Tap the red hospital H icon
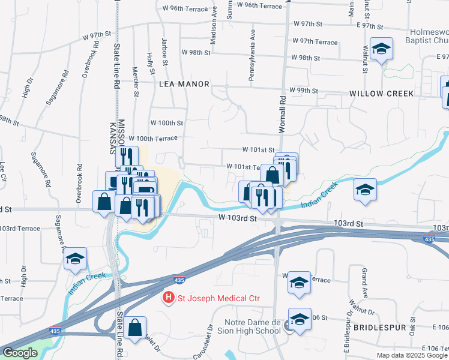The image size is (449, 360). pos(169,298)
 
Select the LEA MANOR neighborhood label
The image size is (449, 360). pos(184,85)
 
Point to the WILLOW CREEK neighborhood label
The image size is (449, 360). pos(382,94)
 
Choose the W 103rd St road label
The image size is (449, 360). pos(238,219)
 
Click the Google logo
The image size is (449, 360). pos(20,353)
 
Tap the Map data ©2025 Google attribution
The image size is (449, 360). pos(412,355)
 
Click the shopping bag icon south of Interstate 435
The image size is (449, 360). pos(135,328)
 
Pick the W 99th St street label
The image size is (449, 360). pos(303,90)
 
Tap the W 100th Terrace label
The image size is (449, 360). pos(153,138)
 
